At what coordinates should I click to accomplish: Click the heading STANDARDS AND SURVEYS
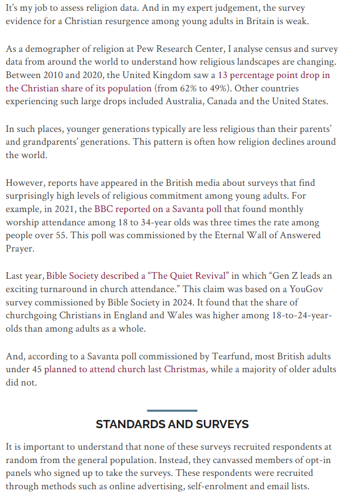click(172, 424)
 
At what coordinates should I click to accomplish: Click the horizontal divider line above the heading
click(172, 410)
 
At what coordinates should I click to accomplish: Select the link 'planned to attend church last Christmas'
click(125, 369)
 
